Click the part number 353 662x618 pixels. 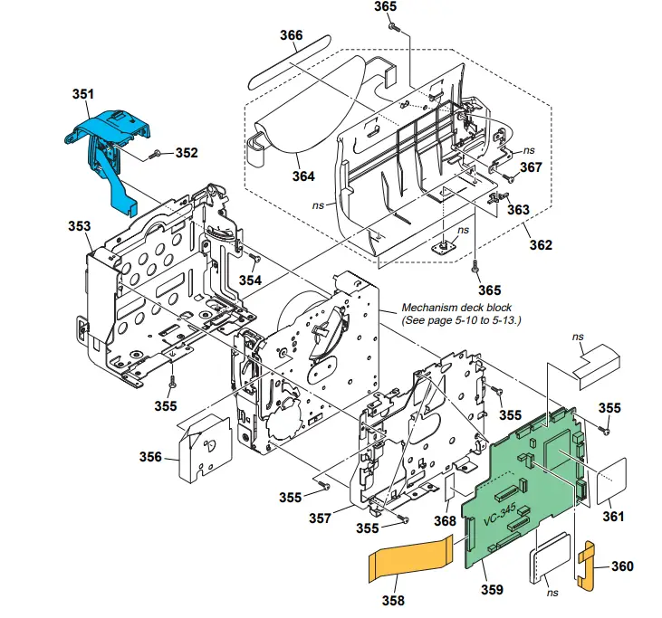click(x=80, y=225)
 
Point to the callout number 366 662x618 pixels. click(x=291, y=36)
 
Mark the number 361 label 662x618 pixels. click(x=613, y=516)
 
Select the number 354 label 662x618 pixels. click(x=250, y=280)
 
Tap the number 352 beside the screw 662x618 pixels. click(x=187, y=153)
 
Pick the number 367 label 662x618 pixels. click(x=531, y=166)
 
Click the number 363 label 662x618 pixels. click(x=517, y=209)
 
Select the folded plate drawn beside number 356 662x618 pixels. click(x=205, y=448)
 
